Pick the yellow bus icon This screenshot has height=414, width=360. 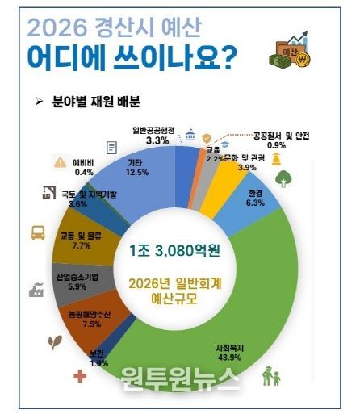coord(38,234)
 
